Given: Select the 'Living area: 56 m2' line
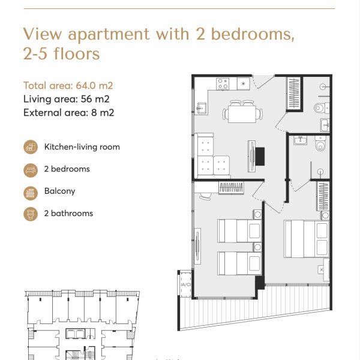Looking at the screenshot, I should tap(66, 99).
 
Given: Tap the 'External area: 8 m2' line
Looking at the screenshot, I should tap(68, 112).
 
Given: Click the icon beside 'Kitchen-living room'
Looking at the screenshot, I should tap(30, 147).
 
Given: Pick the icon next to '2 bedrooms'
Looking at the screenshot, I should tap(30, 169).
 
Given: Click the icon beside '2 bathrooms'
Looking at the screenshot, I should tap(30, 214).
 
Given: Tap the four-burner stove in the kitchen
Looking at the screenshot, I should tap(224, 83).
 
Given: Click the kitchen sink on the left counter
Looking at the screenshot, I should tap(202, 108).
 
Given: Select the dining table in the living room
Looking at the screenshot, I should tap(243, 113).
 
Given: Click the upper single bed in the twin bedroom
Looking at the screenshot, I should tap(239, 230).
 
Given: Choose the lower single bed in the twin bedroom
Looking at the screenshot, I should tap(239, 263).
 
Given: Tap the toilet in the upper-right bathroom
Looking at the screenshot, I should tap(321, 109).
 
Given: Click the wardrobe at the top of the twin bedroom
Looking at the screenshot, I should tap(230, 188).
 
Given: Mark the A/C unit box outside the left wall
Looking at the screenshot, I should tap(184, 285).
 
